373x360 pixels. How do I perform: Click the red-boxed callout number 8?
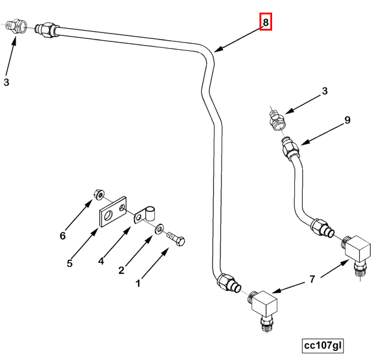[266, 23]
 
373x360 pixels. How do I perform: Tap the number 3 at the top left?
[7, 83]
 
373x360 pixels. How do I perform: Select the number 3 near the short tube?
[325, 92]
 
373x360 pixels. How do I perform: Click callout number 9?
[347, 121]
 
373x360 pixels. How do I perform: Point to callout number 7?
[312, 280]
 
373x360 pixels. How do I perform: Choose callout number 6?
[62, 236]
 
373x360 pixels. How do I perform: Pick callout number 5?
[70, 263]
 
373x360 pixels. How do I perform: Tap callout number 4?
[101, 261]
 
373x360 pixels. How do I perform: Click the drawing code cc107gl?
[323, 346]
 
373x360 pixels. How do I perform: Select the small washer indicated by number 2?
[160, 229]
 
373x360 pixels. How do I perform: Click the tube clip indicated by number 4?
[146, 214]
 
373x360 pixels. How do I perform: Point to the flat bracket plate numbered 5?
[112, 212]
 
